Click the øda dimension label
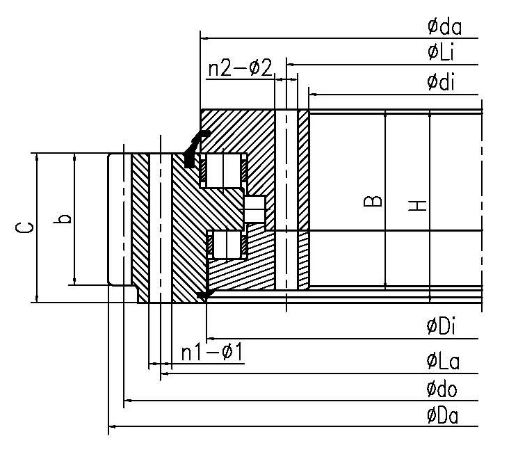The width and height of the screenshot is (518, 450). [444, 27]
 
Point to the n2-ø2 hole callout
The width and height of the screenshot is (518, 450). [239, 69]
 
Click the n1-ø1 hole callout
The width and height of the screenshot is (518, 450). [211, 353]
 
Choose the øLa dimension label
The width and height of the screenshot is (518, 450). [443, 361]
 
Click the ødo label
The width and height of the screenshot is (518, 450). [443, 389]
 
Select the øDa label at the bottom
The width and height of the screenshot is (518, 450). [443, 415]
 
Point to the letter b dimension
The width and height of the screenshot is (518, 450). [64, 219]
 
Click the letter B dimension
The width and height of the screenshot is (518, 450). [373, 201]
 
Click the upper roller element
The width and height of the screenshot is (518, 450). [222, 170]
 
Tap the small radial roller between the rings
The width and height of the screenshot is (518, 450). [254, 207]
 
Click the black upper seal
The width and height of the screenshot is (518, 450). [192, 150]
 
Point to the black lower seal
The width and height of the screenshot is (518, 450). [204, 296]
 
